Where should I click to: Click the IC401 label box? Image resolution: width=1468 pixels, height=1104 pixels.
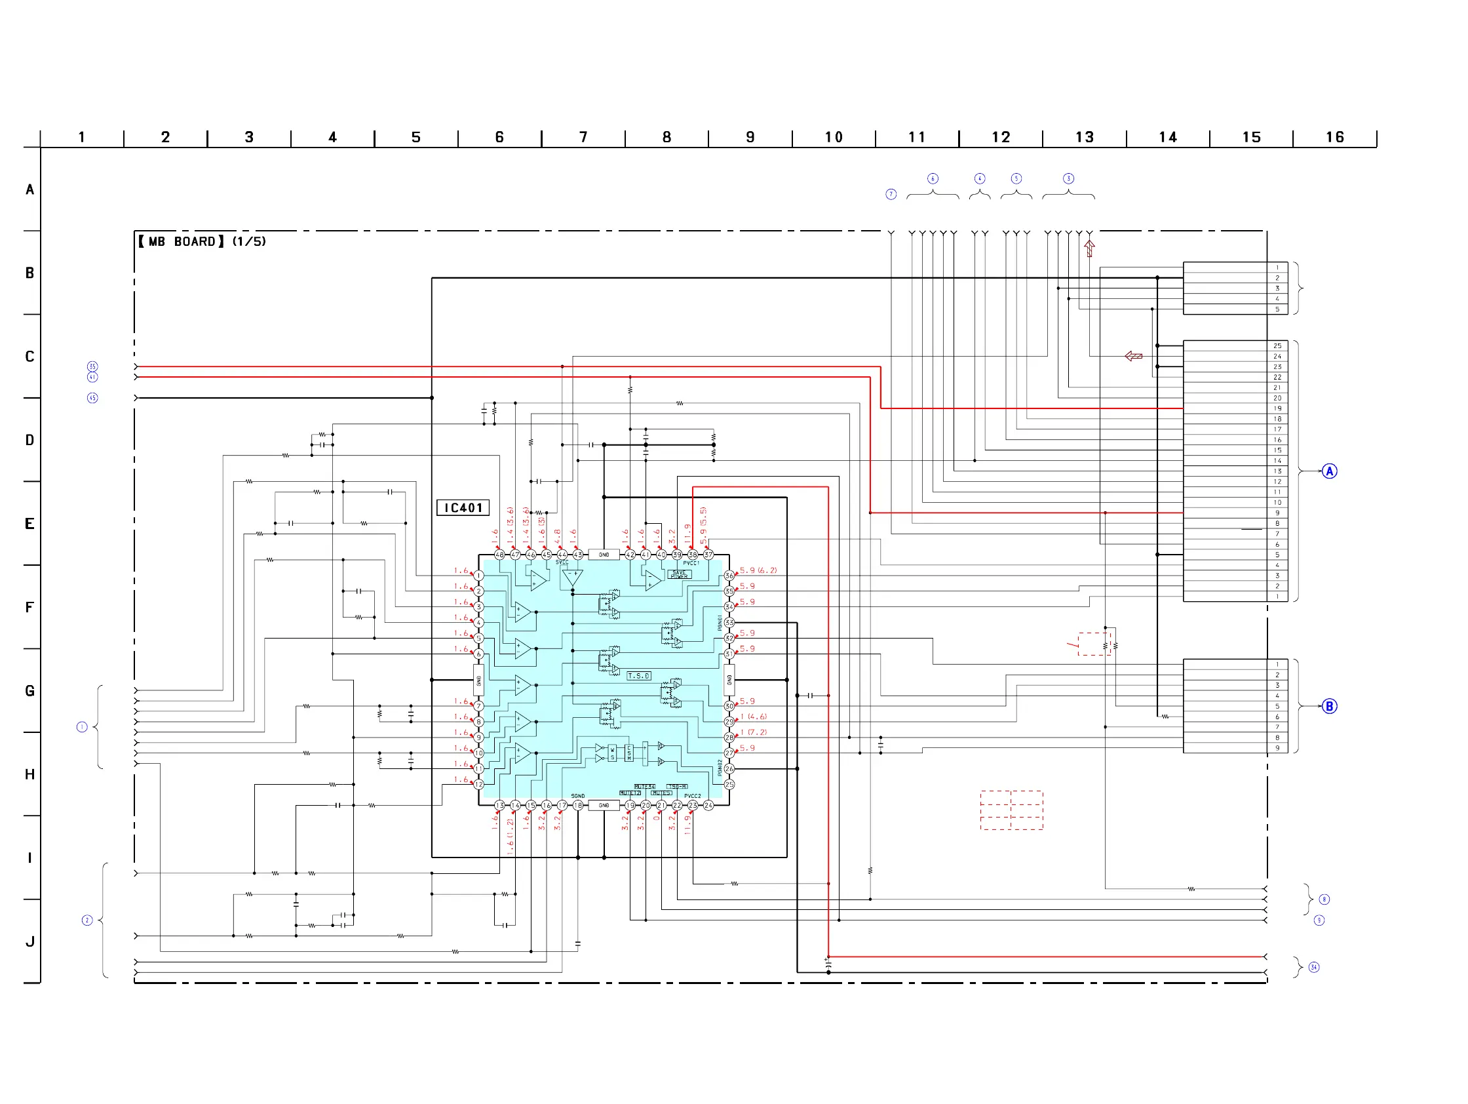click(463, 508)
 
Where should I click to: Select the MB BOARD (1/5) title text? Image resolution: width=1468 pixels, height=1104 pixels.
click(202, 242)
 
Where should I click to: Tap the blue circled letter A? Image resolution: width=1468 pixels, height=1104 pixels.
click(1328, 471)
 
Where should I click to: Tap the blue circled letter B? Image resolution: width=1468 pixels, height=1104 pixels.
click(1328, 706)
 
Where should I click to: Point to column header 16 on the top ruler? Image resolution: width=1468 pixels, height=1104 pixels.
click(1334, 138)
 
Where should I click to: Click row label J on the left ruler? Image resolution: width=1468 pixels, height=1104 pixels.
click(30, 941)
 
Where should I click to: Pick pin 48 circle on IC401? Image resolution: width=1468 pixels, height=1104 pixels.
click(499, 555)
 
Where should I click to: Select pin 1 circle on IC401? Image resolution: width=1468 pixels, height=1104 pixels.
click(478, 576)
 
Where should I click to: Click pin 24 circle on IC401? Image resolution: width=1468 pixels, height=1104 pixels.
click(708, 805)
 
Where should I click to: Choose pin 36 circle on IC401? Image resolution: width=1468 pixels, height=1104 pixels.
click(729, 576)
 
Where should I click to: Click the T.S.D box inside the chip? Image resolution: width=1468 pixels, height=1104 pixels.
click(638, 676)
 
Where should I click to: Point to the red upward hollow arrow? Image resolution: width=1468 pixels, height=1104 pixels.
click(1089, 248)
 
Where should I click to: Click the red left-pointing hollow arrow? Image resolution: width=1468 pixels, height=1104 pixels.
click(1134, 357)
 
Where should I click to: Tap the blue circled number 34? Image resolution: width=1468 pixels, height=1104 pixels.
click(1313, 967)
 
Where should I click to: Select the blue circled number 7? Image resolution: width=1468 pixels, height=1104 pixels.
click(891, 194)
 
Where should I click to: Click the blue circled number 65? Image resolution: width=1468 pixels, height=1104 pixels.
click(92, 399)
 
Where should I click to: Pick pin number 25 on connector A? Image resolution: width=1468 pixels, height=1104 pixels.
click(1277, 346)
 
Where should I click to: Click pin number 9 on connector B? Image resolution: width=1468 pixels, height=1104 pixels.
click(1277, 748)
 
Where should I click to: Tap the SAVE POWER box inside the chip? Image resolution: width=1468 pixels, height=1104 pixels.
click(679, 574)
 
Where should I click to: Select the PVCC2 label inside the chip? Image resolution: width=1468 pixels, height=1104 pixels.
click(692, 796)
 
